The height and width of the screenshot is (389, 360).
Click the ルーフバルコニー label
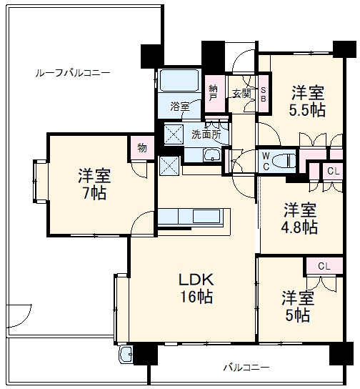pyautogui.click(x=72, y=73)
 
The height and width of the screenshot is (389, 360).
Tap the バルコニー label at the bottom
pyautogui.click(x=246, y=368)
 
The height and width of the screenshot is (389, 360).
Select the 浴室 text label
pyautogui.click(x=179, y=107)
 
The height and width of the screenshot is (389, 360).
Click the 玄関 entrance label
pyautogui.click(x=241, y=93)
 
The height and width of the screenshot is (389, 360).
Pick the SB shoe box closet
pyautogui.click(x=263, y=94)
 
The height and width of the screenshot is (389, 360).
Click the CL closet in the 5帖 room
pyautogui.click(x=324, y=266)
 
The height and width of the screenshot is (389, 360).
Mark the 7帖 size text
pyautogui.click(x=94, y=192)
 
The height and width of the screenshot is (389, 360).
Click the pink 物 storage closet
pyautogui.click(x=142, y=148)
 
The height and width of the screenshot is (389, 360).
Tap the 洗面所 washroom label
pyautogui.click(x=205, y=134)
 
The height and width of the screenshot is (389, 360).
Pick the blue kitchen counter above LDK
pyautogui.click(x=191, y=217)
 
